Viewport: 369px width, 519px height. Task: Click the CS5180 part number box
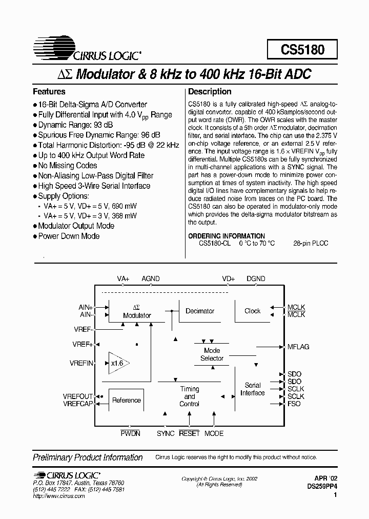tap(302, 50)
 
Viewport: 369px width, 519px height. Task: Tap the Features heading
tap(49, 92)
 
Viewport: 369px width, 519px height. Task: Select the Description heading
tap(210, 92)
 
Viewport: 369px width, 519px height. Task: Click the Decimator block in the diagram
tap(200, 311)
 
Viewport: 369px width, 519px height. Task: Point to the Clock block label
tap(252, 311)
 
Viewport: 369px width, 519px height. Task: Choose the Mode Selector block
tap(212, 354)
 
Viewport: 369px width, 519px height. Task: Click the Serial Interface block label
tap(253, 389)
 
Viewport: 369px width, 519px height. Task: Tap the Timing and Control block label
tap(189, 396)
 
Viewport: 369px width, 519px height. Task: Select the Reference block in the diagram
tap(126, 400)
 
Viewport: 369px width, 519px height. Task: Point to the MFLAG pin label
tap(298, 347)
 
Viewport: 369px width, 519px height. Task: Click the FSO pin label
tap(294, 404)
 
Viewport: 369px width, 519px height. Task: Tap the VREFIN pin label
tap(81, 363)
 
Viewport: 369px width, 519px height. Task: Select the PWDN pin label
tap(130, 433)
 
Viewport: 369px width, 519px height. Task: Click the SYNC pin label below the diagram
tap(166, 433)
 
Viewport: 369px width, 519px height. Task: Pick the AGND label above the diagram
tap(151, 278)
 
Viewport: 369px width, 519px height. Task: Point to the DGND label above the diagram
tap(256, 278)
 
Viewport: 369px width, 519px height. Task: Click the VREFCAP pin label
tap(78, 404)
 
